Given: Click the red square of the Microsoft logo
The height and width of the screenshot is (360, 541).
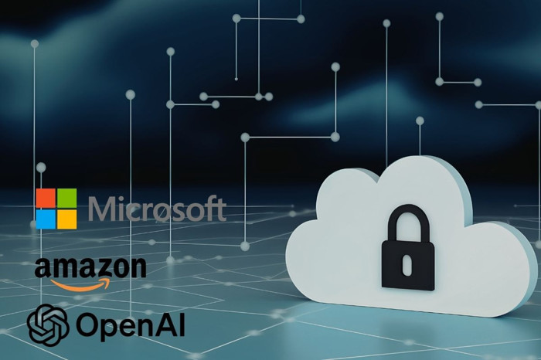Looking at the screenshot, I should (46, 198).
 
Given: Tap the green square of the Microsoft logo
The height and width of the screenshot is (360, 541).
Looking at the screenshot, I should (67, 198).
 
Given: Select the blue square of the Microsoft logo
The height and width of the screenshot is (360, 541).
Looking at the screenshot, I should (46, 219).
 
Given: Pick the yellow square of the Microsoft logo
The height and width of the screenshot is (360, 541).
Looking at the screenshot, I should (67, 219).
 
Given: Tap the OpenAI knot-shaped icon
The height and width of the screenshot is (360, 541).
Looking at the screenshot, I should (48, 324).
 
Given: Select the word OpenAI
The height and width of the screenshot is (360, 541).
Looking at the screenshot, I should (128, 325).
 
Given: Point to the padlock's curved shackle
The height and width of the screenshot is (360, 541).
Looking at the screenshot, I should (407, 220).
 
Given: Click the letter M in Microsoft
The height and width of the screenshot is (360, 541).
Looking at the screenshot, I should (103, 209).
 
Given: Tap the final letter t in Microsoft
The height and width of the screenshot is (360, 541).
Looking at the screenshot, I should (221, 209).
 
